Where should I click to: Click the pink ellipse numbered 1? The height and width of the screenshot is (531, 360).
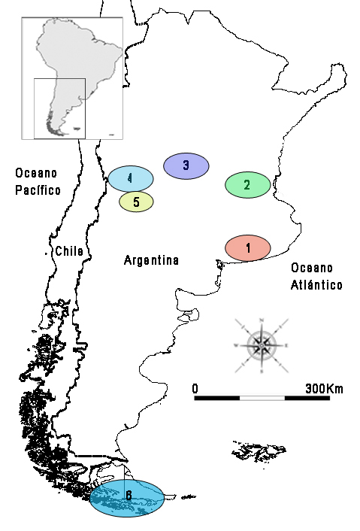248,247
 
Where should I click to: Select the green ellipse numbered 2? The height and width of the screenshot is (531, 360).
247,184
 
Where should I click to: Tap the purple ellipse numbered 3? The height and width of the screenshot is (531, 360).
186,165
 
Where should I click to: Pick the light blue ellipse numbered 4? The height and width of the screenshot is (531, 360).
130,178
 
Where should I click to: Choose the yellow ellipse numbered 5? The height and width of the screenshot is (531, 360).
136,202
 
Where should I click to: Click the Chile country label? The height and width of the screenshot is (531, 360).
68,252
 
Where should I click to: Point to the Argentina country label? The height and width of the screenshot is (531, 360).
151,261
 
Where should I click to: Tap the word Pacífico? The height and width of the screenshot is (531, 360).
38,190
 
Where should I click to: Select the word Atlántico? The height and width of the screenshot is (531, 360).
316,285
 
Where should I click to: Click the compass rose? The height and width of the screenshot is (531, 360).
262,346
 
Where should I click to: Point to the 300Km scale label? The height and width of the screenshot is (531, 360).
323,389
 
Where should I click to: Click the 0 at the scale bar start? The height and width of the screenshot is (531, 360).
195,389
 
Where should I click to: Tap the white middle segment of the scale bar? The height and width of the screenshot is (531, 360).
262,397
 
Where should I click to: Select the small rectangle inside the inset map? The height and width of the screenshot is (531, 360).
59,108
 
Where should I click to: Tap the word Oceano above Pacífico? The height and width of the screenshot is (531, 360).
37,174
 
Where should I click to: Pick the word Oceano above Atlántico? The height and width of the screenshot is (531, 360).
312,269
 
